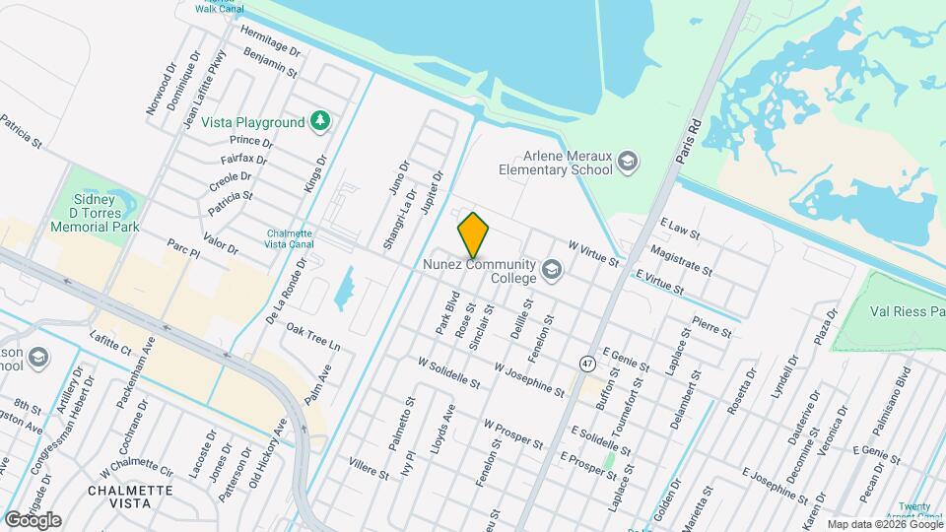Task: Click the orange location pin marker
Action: [473, 234]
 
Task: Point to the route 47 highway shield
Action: [587, 363]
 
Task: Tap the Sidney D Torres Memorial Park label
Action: [95, 212]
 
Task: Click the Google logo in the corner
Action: [33, 519]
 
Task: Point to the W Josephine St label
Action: [529, 379]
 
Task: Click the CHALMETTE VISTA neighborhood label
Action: [130, 496]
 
